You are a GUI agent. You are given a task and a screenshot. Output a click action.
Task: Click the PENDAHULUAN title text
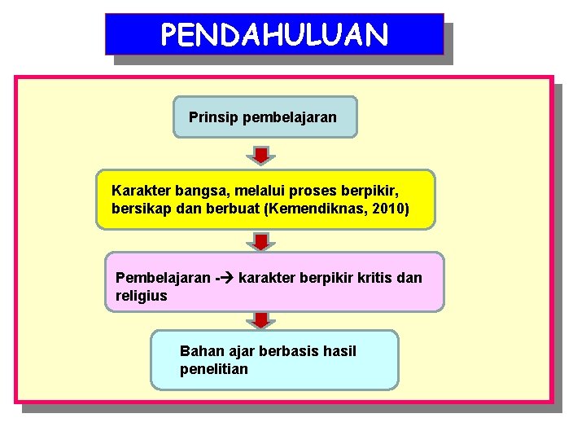(x=274, y=35)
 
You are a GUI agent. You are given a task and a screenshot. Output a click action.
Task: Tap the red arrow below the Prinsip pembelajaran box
(x=260, y=155)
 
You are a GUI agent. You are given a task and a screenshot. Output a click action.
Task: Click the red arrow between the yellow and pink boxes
(x=260, y=241)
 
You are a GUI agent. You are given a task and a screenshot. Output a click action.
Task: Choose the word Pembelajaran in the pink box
(x=163, y=278)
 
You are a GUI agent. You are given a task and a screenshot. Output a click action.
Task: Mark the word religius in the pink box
(x=142, y=296)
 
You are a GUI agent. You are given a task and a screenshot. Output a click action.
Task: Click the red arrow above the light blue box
(x=260, y=319)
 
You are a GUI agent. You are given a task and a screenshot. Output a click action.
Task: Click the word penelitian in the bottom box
(x=214, y=369)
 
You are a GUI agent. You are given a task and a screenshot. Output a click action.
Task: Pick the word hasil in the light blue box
(x=339, y=351)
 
